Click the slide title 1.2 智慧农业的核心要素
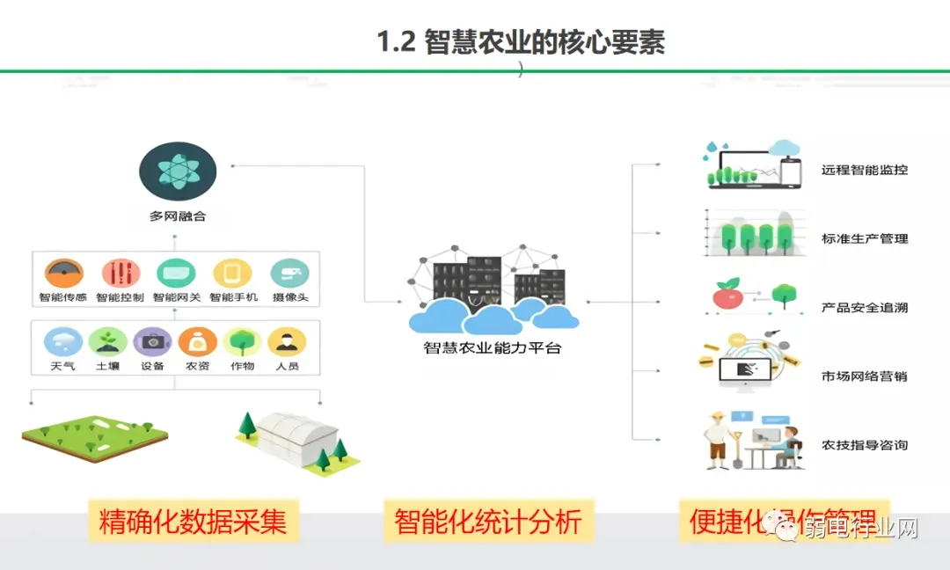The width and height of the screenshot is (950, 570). click(521, 41)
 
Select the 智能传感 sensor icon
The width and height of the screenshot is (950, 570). click(62, 274)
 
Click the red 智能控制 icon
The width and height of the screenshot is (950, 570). click(121, 274)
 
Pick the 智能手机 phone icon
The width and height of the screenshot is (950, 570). click(232, 274)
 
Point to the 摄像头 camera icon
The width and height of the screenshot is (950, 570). click(289, 274)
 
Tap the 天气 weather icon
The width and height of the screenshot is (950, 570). click(62, 341)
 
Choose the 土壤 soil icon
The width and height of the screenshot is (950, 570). click(108, 341)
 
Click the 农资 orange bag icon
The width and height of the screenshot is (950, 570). click(198, 341)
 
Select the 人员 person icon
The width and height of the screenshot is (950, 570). click(287, 341)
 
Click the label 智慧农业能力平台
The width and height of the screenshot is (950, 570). click(492, 347)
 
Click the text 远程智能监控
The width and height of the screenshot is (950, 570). click(865, 169)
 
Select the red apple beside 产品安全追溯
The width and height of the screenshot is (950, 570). click(727, 297)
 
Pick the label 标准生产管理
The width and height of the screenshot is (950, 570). click(865, 238)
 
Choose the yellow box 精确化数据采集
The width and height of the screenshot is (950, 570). click(193, 522)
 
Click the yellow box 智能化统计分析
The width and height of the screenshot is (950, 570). click(488, 522)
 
